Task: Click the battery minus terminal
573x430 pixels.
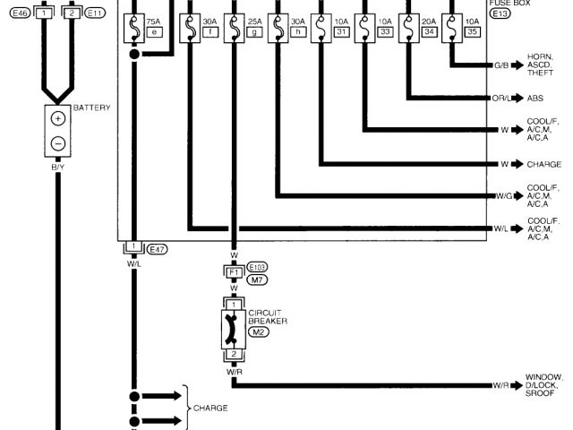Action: point(58,142)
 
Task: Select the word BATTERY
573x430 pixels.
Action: point(92,108)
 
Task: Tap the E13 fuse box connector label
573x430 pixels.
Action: point(500,13)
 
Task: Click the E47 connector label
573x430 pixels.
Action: point(156,247)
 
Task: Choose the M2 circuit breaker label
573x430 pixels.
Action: point(258,331)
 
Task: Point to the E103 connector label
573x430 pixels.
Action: point(258,267)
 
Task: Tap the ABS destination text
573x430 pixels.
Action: point(535,99)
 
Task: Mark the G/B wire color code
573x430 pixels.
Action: point(501,65)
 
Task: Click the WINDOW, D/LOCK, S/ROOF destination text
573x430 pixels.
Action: point(543,384)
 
